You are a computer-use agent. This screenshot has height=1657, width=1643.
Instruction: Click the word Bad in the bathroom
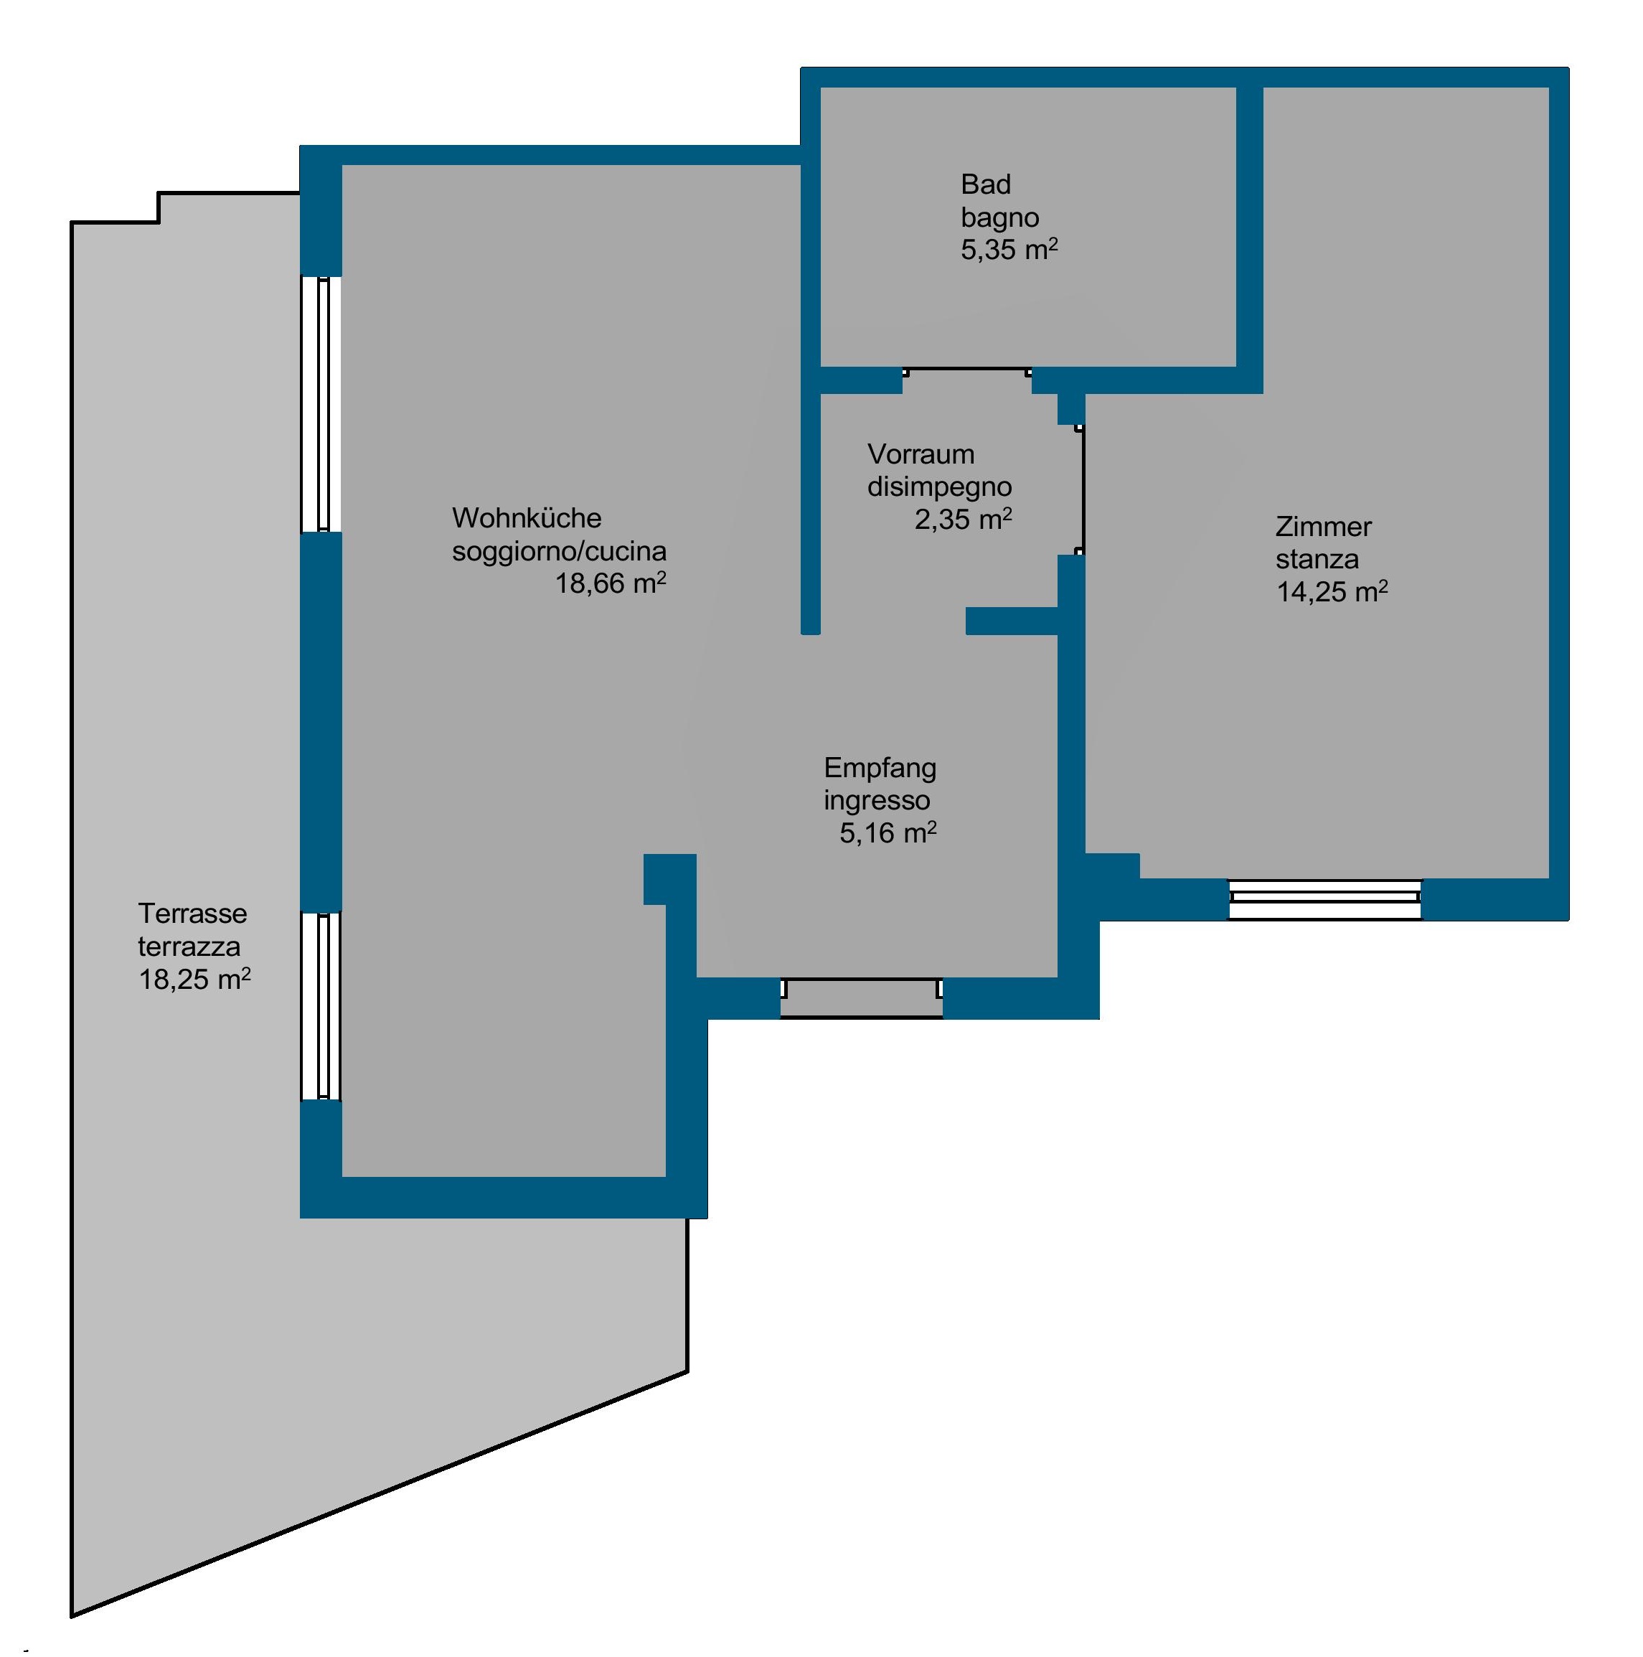pyautogui.click(x=985, y=184)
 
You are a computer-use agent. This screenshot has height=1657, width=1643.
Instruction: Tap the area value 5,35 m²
pyautogui.click(x=1009, y=250)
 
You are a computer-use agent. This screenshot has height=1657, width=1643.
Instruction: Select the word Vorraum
pyautogui.click(x=920, y=454)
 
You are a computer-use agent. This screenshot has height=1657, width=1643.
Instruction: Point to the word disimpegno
pyautogui.click(x=940, y=487)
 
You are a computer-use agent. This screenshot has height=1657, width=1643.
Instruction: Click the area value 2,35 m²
pyautogui.click(x=963, y=519)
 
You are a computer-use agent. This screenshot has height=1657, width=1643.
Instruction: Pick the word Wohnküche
pyautogui.click(x=527, y=518)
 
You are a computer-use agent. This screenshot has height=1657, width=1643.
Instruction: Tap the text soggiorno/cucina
pyautogui.click(x=559, y=550)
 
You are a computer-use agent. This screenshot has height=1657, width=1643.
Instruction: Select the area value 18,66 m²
pyautogui.click(x=611, y=583)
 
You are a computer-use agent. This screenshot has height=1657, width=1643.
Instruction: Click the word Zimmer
pyautogui.click(x=1323, y=527)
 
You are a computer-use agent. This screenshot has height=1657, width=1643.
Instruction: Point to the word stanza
pyautogui.click(x=1317, y=559)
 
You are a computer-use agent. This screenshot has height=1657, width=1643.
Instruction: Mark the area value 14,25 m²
pyautogui.click(x=1332, y=592)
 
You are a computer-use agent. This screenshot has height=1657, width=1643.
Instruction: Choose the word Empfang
pyautogui.click(x=880, y=769)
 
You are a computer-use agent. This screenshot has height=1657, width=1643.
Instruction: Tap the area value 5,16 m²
pyautogui.click(x=888, y=832)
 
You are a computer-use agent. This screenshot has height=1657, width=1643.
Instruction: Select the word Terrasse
pyautogui.click(x=192, y=914)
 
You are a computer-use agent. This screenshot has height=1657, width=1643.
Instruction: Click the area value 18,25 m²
pyautogui.click(x=194, y=979)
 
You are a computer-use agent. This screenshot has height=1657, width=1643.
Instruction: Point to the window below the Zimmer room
pyautogui.click(x=1325, y=900)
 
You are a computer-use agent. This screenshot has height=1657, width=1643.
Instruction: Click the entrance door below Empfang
pyautogui.click(x=862, y=998)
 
